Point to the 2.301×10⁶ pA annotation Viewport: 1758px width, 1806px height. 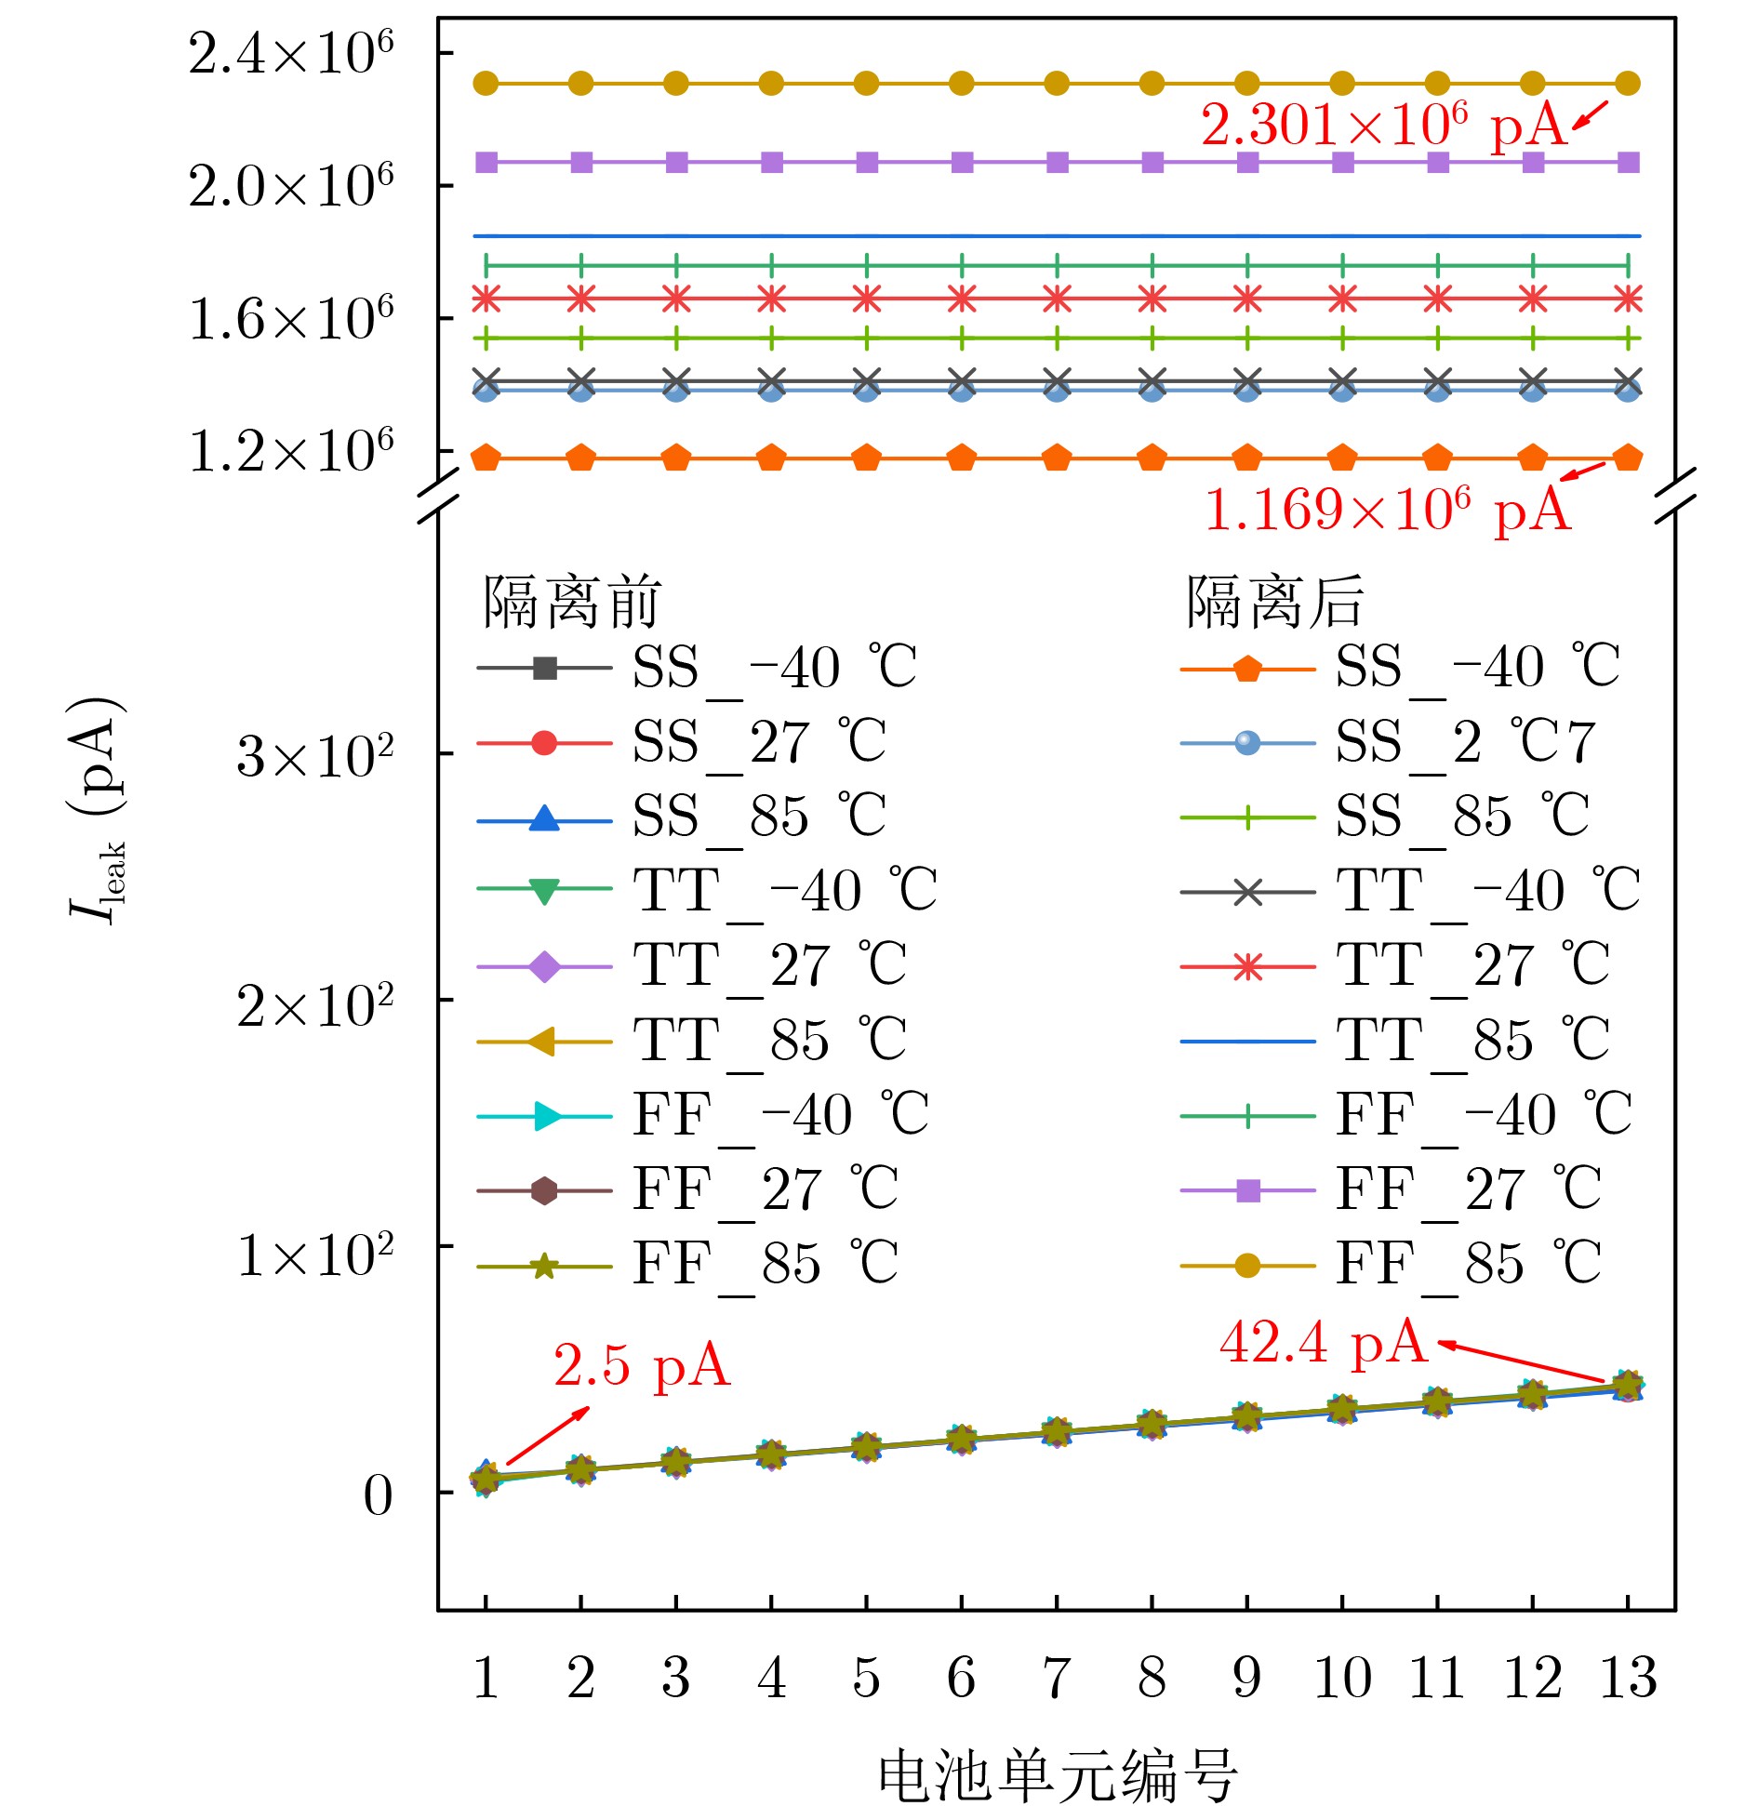1383,126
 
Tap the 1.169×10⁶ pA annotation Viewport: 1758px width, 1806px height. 1387,511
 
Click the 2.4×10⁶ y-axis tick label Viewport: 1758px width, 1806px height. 291,54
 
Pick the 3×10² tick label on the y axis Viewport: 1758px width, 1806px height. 315,756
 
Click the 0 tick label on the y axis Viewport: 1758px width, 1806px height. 378,1496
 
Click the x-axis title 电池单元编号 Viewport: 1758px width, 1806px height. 1057,1774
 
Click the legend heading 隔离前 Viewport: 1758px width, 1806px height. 570,602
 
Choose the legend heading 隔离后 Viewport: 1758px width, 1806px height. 1273,602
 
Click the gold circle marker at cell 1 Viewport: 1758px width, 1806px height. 486,84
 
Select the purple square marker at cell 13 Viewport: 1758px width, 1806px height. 1628,163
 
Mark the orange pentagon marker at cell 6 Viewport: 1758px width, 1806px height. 961,458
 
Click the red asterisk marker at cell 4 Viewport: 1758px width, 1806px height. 771,299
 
